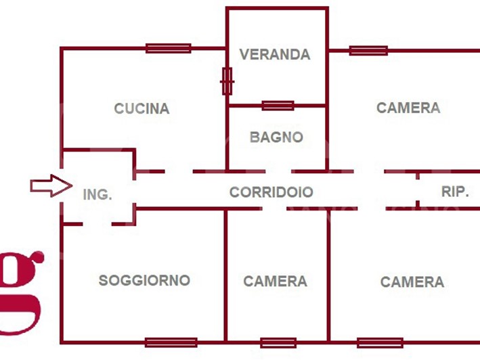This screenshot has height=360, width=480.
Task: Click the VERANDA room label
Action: point(275,55)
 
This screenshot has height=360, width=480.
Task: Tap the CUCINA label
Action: point(141,108)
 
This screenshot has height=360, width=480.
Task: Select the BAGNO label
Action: point(276,137)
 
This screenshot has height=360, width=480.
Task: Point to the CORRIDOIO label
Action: point(271,192)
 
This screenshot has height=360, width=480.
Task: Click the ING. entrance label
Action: point(97,195)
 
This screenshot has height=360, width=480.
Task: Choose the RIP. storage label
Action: point(455,192)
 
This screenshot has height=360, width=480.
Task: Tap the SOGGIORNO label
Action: point(144,280)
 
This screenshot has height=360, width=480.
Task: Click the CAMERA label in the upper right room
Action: point(408,108)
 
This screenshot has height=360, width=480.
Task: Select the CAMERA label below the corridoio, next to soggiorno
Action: point(275,282)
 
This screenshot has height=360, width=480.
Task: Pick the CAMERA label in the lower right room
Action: point(412,282)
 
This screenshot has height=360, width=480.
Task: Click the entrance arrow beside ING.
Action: point(51,185)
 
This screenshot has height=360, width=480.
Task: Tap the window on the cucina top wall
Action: point(168,48)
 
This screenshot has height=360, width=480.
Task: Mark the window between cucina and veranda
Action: point(227,81)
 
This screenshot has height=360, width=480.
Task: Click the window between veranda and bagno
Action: point(278,106)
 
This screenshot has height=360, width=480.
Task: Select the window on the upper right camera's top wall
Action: point(368,50)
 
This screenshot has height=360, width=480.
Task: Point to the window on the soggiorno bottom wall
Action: point(171,342)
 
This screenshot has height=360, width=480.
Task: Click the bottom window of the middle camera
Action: point(278,342)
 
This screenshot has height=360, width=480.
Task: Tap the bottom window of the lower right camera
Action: point(380,342)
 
